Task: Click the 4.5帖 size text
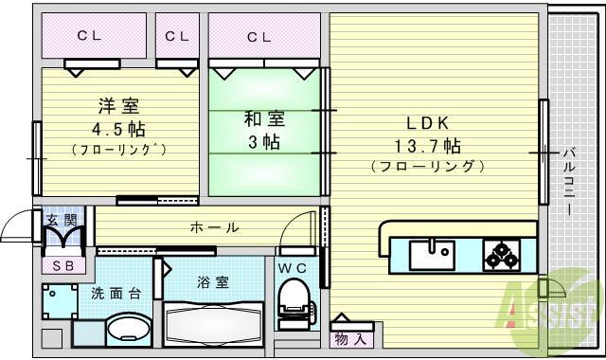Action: [x=117, y=127]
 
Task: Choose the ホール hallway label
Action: [x=214, y=227]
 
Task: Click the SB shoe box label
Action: [x=62, y=266]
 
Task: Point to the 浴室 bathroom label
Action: [x=212, y=282]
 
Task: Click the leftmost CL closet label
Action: [x=89, y=36]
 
